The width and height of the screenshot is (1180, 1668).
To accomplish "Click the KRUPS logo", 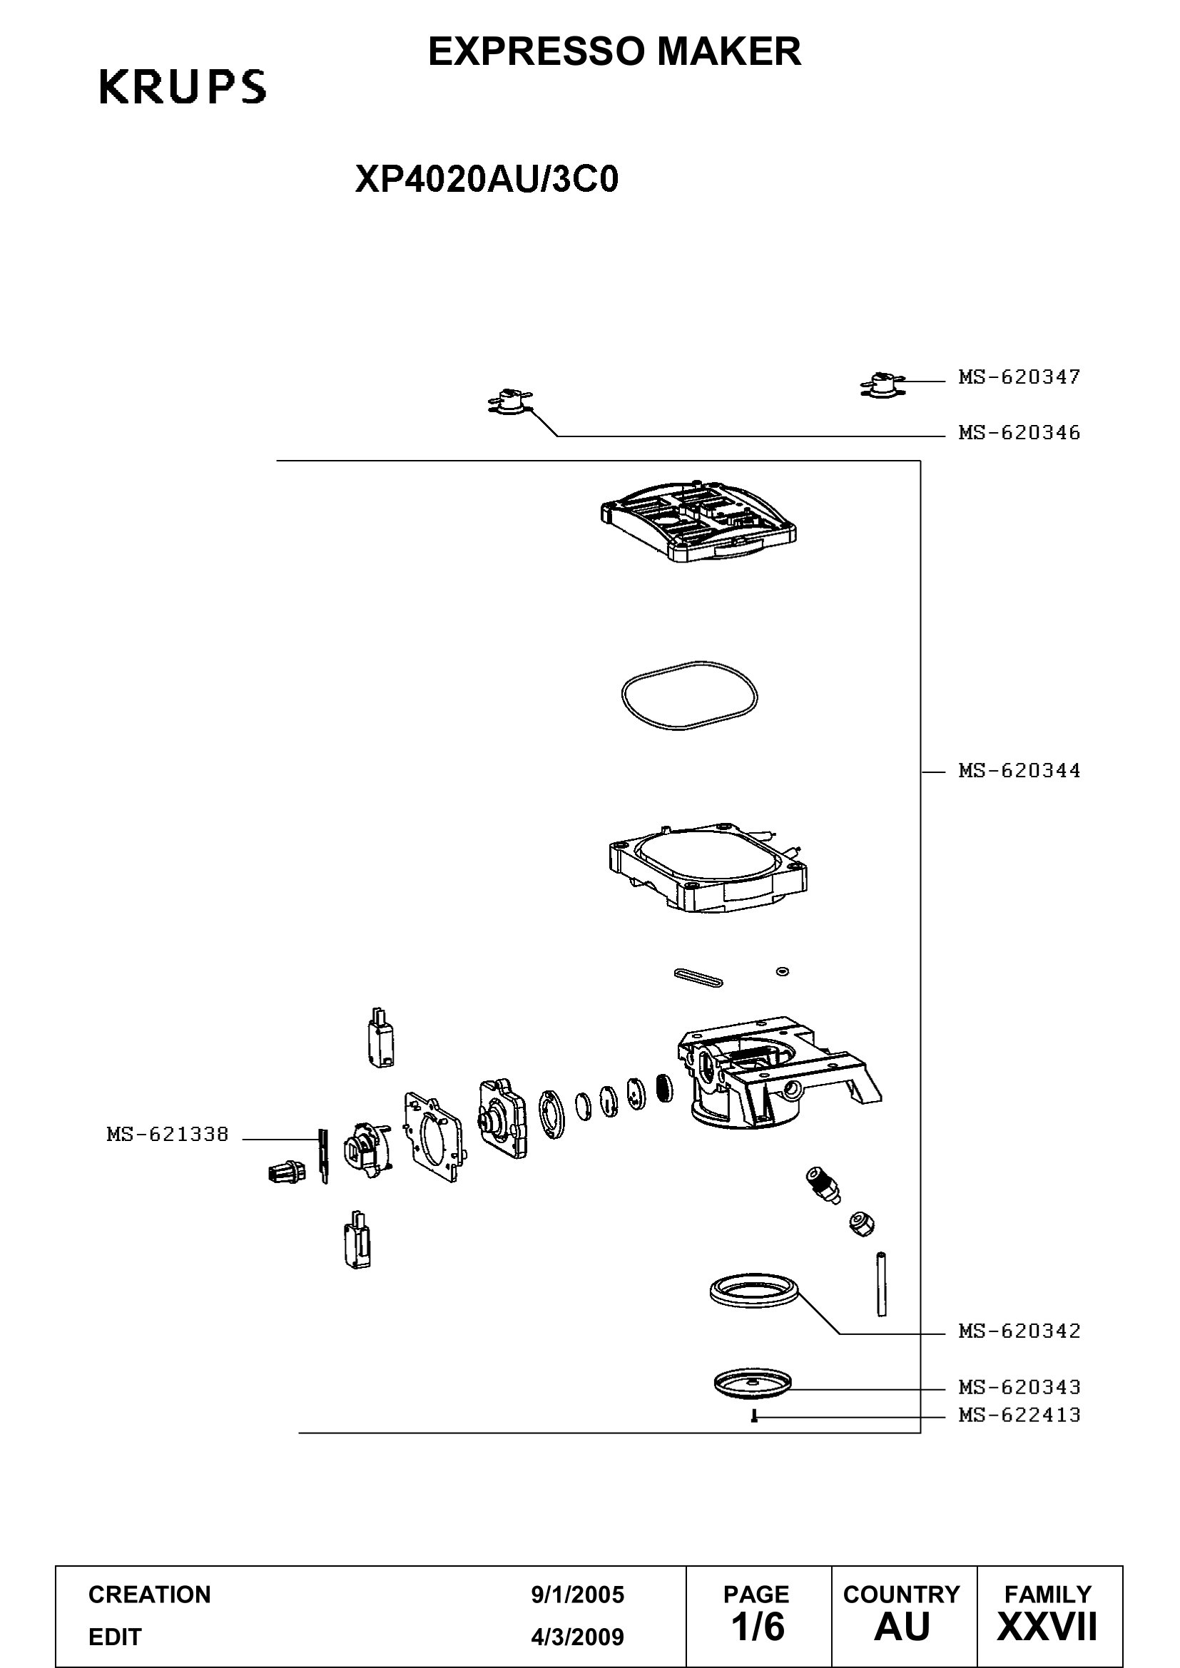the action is click(x=183, y=87).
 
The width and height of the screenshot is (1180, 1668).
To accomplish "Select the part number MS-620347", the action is click(x=1019, y=377).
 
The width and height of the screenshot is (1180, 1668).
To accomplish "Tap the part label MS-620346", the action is click(x=1019, y=433).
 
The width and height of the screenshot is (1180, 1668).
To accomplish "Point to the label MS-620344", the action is click(x=1019, y=771).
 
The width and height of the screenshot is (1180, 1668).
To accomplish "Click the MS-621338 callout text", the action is click(x=168, y=1134).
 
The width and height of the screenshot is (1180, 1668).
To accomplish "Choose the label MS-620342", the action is click(x=1019, y=1331).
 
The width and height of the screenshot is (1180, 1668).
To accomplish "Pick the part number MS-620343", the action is click(x=1019, y=1388).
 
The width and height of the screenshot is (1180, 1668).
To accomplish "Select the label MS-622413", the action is click(x=1019, y=1415).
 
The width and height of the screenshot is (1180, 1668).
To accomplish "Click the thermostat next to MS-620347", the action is click(x=882, y=384).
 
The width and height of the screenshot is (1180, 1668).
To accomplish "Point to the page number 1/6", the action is click(x=757, y=1627).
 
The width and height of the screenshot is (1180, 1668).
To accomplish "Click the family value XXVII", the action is click(x=1047, y=1627).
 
